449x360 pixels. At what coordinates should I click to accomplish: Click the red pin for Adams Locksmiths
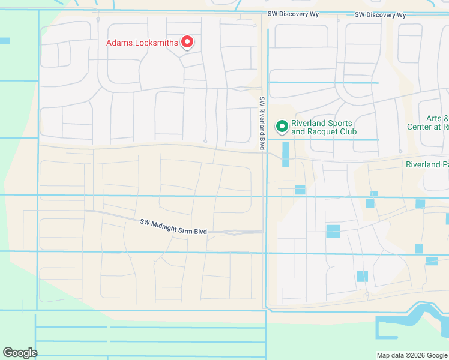187,41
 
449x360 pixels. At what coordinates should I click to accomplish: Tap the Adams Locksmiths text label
142,43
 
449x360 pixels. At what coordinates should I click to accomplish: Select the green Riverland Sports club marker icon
282,127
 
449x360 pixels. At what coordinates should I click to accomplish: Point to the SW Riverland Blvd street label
262,124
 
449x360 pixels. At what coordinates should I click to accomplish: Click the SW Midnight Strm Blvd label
173,226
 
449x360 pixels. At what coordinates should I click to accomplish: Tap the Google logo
20,353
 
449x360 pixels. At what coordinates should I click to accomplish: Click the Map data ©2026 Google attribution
411,355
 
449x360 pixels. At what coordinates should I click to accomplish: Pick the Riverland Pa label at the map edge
427,164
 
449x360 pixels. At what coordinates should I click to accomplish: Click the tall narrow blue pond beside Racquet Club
285,154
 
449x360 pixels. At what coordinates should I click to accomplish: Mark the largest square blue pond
333,231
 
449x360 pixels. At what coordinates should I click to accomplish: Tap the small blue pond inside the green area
5,41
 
